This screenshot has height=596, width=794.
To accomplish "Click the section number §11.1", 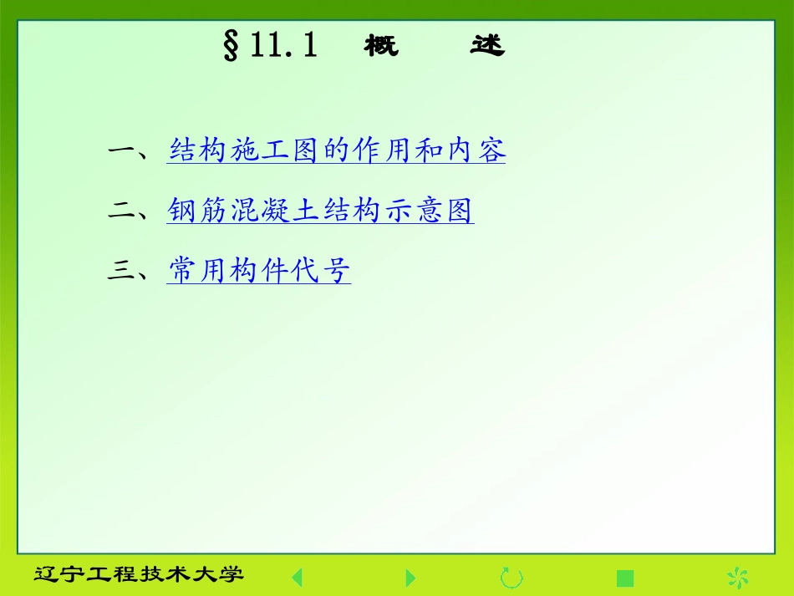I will coord(270,45).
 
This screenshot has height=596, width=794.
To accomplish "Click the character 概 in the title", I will coord(381,46).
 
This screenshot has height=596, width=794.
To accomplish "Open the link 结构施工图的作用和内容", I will coord(337,151).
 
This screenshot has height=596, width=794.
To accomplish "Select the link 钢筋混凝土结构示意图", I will coord(320,211).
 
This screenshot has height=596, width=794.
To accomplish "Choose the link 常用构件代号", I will coord(259,271).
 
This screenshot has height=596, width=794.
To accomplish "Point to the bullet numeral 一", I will coord(123,151).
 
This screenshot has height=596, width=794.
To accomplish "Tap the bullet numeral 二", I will coord(123,211).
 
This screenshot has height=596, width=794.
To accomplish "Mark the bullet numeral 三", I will coord(123,271).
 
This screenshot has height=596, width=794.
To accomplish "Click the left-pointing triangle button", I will coord(297,577).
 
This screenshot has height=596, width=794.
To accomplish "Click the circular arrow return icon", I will coord(511,577).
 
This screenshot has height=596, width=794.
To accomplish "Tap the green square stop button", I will coord(625,578).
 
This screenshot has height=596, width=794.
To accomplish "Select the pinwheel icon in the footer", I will coord(737,577).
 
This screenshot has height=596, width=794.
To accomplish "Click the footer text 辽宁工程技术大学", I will coord(139,575).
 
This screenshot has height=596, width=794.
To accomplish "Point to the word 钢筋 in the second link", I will coord(199,211).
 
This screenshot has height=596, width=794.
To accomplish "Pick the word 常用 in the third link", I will coord(199,271).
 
